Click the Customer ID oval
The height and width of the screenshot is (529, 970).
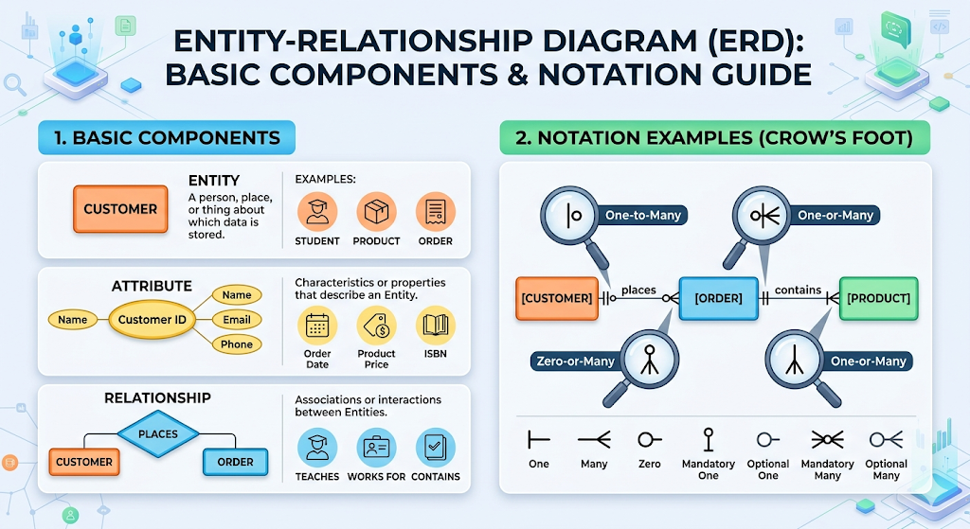tap(152, 320)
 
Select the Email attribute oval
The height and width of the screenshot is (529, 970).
tap(237, 320)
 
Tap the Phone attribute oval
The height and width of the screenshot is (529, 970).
tap(237, 344)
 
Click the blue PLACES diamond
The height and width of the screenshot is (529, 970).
tap(158, 434)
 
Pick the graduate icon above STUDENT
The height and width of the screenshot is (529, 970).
tap(317, 212)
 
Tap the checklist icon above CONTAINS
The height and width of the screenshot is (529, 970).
tap(436, 448)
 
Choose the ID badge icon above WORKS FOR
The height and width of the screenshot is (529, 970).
tap(376, 448)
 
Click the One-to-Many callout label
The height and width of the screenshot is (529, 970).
tap(642, 216)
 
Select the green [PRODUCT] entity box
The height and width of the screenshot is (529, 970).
tap(878, 298)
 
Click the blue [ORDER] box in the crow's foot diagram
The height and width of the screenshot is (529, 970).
tap(719, 298)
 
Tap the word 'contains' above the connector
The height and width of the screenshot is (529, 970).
tap(798, 289)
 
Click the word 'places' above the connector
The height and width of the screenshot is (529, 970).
tap(638, 289)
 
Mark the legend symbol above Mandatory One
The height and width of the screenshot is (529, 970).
tap(708, 439)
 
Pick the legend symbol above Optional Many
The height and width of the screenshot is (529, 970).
tap(886, 439)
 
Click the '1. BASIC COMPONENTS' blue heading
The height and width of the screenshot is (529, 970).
tap(167, 138)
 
